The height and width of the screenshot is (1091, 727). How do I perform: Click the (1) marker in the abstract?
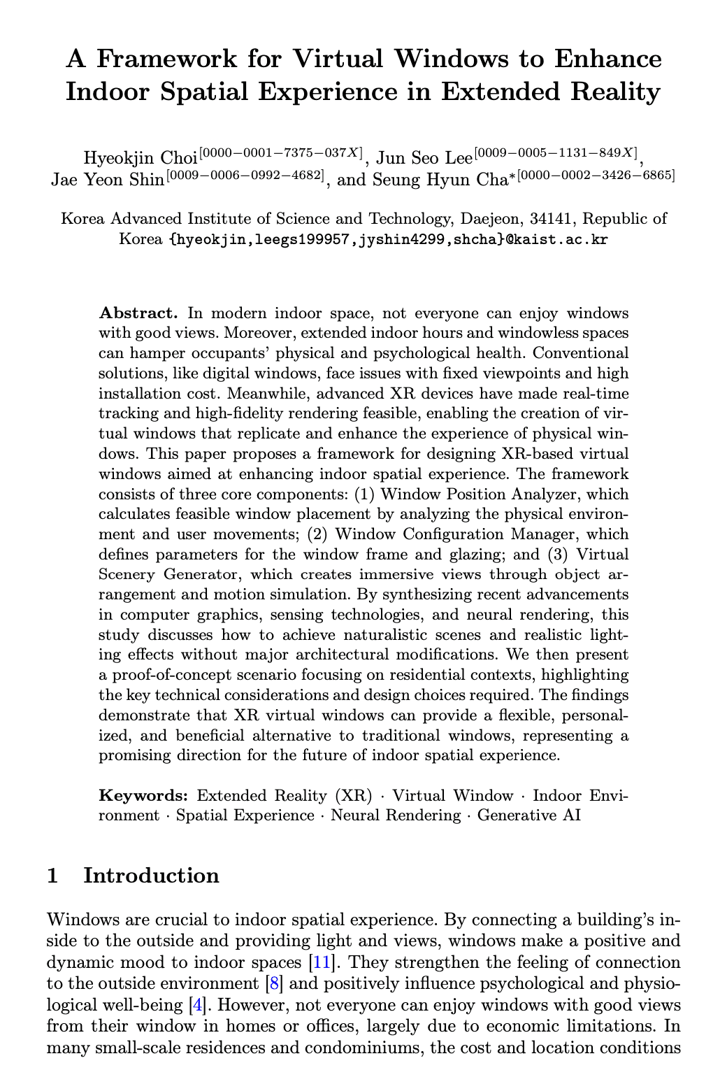pos(364,494)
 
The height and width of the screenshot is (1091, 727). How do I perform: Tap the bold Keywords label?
pos(143,796)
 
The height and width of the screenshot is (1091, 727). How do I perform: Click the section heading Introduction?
pos(151,876)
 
